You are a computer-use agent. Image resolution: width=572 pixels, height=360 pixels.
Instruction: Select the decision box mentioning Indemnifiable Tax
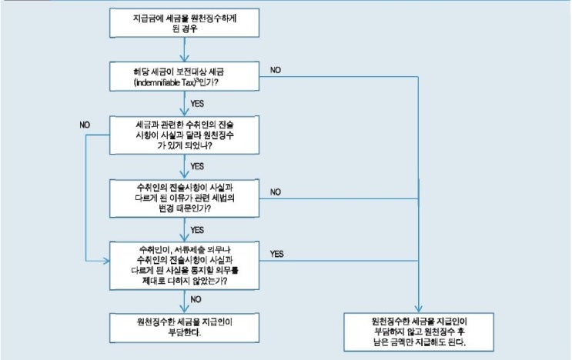click(184, 75)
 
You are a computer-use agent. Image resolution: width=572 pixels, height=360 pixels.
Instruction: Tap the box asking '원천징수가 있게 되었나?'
click(184, 132)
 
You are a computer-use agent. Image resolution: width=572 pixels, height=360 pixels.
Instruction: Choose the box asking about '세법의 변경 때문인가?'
click(184, 197)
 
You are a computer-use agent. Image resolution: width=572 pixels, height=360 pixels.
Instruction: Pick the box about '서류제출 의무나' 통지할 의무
click(184, 265)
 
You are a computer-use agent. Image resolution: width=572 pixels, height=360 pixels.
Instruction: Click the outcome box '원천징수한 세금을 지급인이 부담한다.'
click(184, 325)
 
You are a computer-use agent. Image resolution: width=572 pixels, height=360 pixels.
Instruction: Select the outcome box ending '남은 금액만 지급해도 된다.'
click(419, 329)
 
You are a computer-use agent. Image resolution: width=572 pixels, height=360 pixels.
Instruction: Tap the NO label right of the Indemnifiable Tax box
click(276, 70)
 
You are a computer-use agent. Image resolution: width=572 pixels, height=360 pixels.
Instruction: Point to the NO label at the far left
click(85, 124)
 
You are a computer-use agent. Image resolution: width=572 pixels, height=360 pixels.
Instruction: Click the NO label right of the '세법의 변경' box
click(276, 192)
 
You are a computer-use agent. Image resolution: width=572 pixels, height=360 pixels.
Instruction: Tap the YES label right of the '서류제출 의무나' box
click(276, 252)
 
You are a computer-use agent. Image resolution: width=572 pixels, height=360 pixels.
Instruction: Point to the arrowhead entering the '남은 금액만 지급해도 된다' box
click(419, 307)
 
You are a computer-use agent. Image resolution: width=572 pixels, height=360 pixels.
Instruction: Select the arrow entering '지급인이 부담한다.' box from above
click(184, 302)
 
